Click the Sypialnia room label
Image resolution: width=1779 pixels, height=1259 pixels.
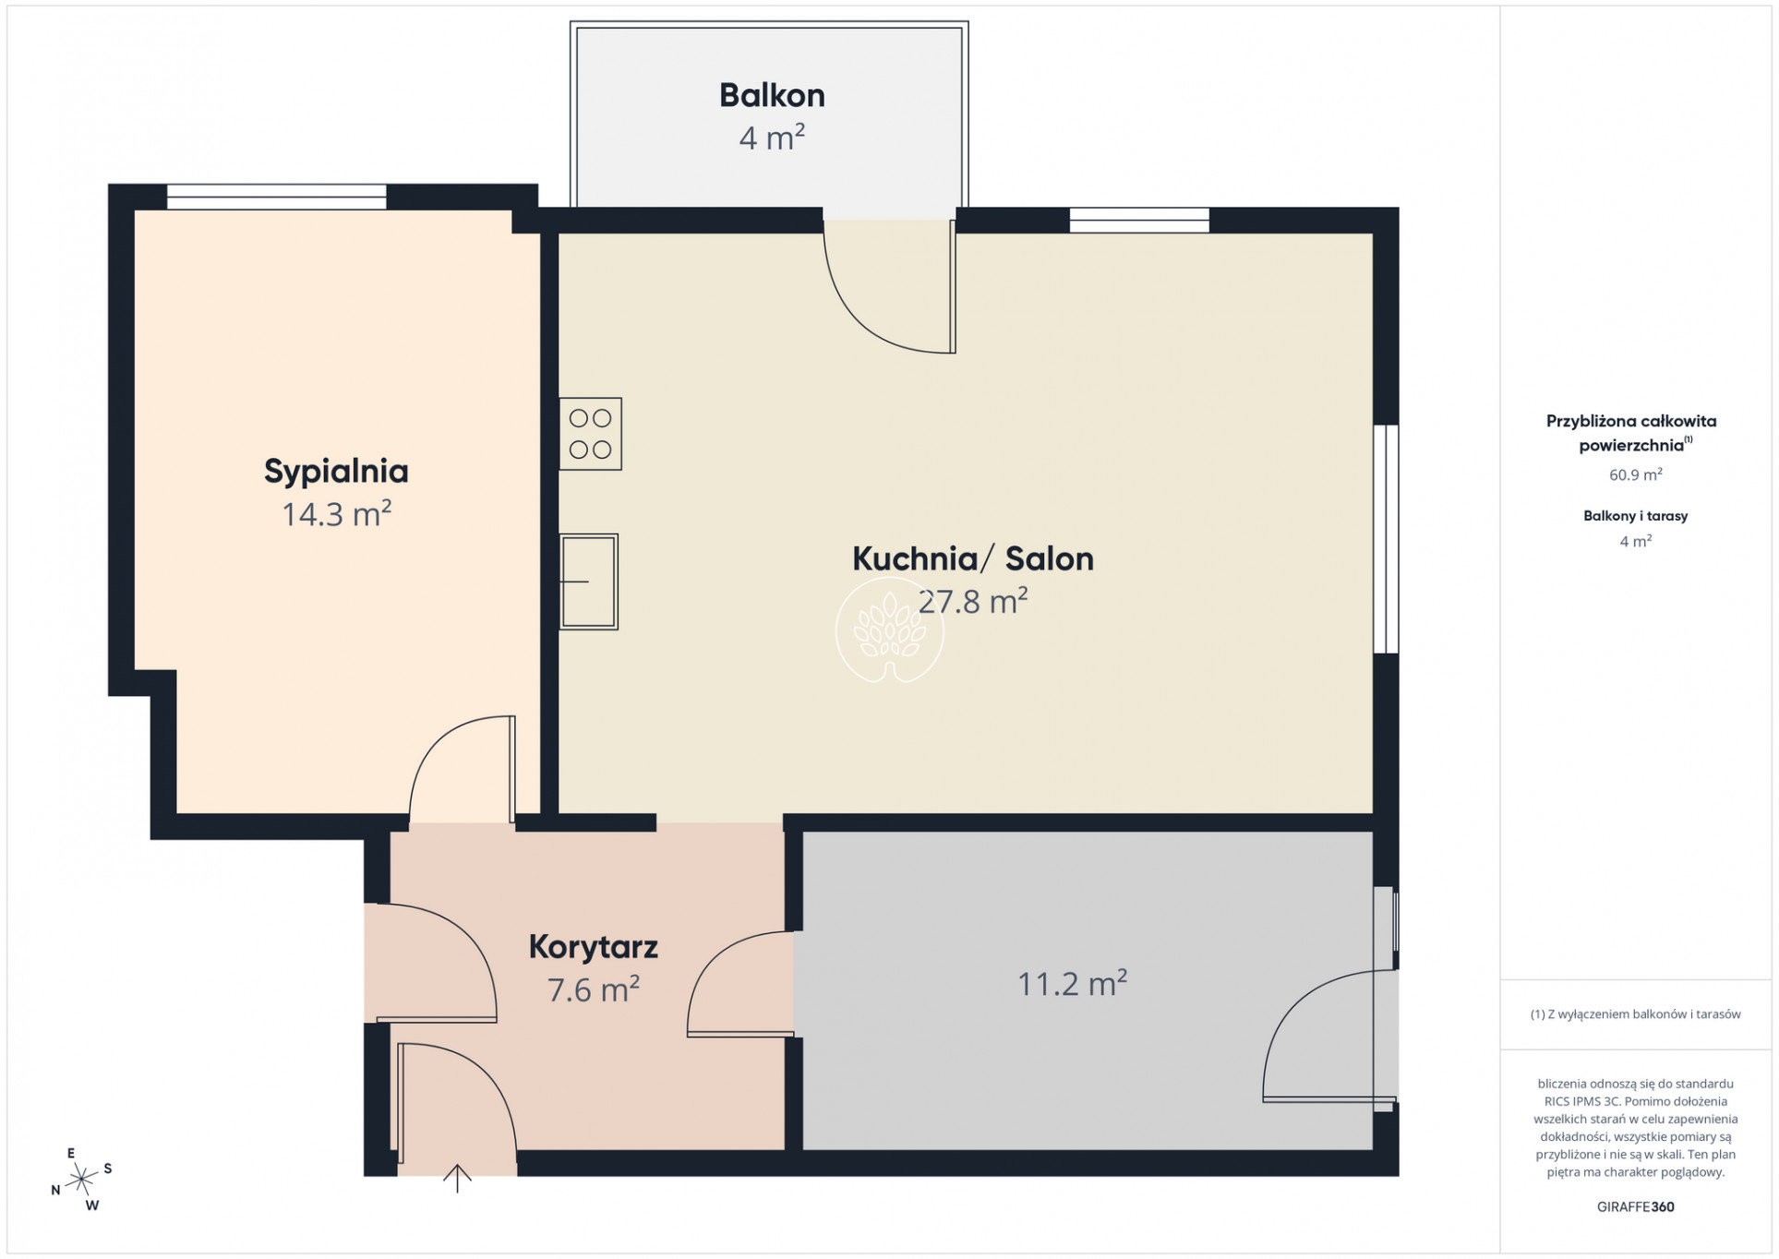336,472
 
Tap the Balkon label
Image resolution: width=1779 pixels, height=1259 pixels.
772,95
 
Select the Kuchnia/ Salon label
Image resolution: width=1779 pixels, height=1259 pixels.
973,558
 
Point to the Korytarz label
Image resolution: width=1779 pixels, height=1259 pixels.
593,947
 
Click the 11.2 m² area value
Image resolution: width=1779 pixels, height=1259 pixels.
1072,984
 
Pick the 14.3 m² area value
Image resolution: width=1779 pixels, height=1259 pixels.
336,513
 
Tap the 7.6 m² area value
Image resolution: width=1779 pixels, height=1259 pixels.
593,989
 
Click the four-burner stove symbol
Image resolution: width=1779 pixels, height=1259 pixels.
590,434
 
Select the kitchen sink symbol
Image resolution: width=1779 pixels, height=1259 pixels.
588,582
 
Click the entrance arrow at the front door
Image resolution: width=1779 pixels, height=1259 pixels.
457,1179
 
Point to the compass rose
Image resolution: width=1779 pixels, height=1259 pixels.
82,1179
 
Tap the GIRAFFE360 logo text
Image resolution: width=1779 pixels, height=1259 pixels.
1635,1206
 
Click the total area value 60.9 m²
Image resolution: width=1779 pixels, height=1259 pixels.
1635,474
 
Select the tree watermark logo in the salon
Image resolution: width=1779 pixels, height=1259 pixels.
890,630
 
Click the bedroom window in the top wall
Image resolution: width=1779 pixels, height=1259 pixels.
276,197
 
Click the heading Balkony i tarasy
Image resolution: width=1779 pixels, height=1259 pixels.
1635,516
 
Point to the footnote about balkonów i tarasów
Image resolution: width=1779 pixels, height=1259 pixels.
1635,1014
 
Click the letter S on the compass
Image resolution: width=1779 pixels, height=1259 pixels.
108,1169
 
